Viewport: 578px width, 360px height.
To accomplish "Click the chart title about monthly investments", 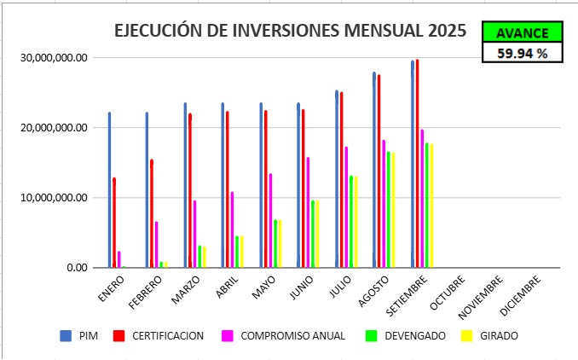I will pyautogui.click(x=290, y=31).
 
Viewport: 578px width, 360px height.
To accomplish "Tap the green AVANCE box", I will pyautogui.click(x=523, y=32).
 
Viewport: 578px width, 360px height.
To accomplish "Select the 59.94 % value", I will pyautogui.click(x=523, y=53).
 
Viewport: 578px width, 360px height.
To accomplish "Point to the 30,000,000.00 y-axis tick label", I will pyautogui.click(x=53, y=58).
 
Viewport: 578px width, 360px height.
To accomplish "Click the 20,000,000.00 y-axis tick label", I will pyautogui.click(x=53, y=128).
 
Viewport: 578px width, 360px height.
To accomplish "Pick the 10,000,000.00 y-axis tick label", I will pyautogui.click(x=53, y=198).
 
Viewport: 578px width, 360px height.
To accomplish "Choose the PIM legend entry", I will pyautogui.click(x=78, y=335).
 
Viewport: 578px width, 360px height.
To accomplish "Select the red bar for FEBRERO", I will pyautogui.click(x=151, y=213).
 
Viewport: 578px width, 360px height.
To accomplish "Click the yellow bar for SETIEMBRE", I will pyautogui.click(x=431, y=206).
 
